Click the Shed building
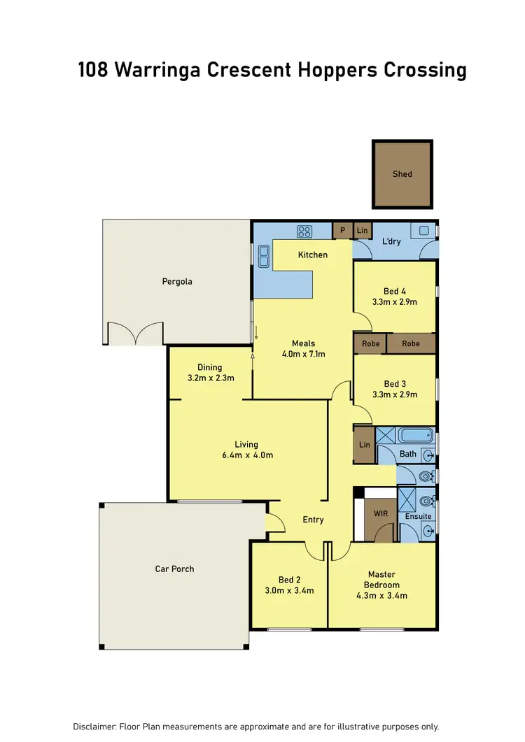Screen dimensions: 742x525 402,174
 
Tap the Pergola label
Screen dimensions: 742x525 176,282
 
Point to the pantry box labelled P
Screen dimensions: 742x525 343,230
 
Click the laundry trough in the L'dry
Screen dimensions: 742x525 424,230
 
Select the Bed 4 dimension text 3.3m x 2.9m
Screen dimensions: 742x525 395,302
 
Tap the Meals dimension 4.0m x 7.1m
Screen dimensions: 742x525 304,354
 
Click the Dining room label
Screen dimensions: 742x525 209,367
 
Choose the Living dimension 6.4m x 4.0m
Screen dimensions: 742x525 246,455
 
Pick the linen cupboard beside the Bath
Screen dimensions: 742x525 364,445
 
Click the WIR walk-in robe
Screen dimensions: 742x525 381,514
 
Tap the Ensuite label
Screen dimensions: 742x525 419,516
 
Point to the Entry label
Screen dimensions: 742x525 313,520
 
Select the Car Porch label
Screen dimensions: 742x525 174,569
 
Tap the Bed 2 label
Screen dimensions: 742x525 289,580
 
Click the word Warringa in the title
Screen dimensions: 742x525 155,70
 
